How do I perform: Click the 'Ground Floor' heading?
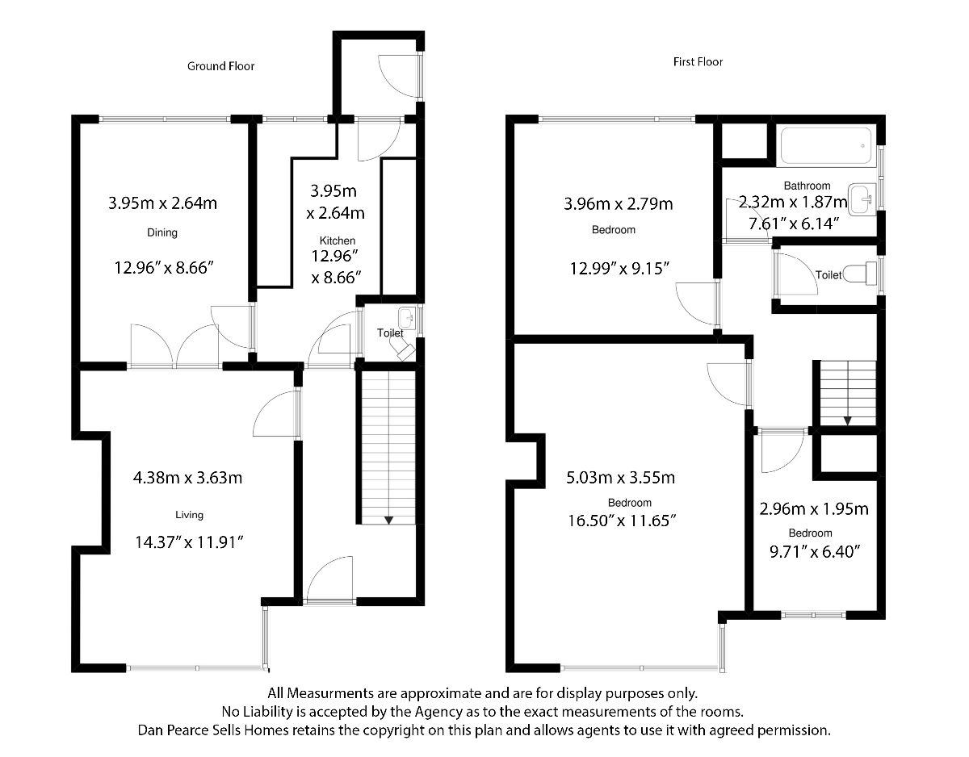click(220, 66)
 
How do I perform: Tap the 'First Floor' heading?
click(698, 62)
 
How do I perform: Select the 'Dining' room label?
click(162, 232)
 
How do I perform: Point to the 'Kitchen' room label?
click(338, 240)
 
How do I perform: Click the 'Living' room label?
click(189, 515)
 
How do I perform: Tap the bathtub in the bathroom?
click(826, 146)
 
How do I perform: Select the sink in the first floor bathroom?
click(862, 199)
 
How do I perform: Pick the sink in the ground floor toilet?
click(407, 318)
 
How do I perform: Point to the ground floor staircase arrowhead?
click(388, 520)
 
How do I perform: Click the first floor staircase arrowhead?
click(847, 420)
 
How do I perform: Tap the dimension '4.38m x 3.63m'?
click(187, 478)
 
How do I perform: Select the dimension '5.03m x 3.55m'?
click(621, 478)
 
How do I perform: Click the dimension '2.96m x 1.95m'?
click(814, 508)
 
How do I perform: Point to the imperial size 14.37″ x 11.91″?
click(189, 542)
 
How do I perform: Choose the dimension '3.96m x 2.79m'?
click(618, 204)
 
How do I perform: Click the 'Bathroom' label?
click(807, 186)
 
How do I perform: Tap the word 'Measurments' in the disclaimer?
click(330, 693)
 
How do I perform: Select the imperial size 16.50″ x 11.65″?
click(622, 521)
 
